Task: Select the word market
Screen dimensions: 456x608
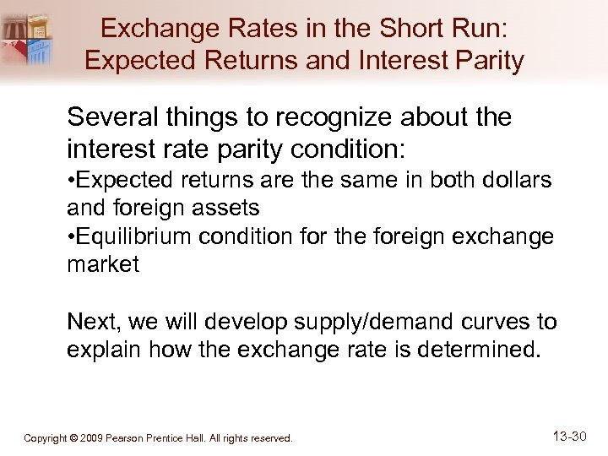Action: click(102, 264)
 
